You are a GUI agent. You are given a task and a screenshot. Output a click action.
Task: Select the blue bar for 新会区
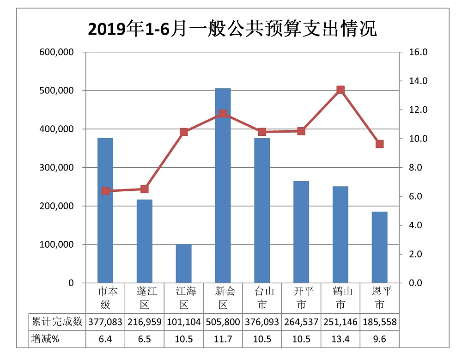tap(223, 185)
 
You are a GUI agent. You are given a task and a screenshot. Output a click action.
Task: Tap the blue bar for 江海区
tap(184, 263)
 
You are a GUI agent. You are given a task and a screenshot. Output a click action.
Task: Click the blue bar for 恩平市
tap(380, 247)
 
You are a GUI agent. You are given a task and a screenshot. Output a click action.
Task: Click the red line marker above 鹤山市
tap(340, 90)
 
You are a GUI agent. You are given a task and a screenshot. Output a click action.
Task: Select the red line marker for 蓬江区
tap(145, 189)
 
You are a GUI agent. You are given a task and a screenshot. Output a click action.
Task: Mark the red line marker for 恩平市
tap(380, 144)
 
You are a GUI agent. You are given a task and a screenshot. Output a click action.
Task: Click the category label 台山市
tap(262, 298)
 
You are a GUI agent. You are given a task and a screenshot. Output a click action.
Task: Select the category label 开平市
tap(301, 298)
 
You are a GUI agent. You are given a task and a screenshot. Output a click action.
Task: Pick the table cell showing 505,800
tap(223, 322)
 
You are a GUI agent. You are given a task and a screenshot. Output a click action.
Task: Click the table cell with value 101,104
tap(183, 322)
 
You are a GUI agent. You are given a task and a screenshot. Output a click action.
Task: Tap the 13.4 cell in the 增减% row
tap(340, 339)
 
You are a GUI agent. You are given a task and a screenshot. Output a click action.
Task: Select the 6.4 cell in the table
tap(105, 339)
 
